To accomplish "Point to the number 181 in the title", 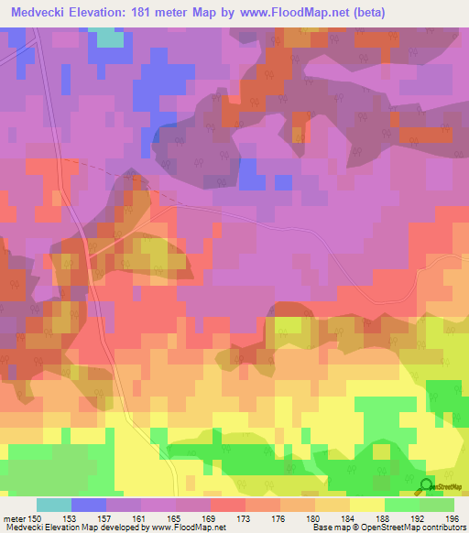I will click(x=149, y=13).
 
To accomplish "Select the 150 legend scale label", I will click(x=37, y=518).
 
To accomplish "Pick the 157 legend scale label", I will click(x=106, y=518).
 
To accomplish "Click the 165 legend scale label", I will click(x=176, y=518).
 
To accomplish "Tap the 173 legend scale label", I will click(x=245, y=518).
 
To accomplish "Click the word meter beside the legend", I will click(x=14, y=518).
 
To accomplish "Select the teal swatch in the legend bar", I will click(x=54, y=505).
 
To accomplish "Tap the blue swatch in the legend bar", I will click(x=89, y=505).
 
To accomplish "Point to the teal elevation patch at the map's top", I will click(x=109, y=38).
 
